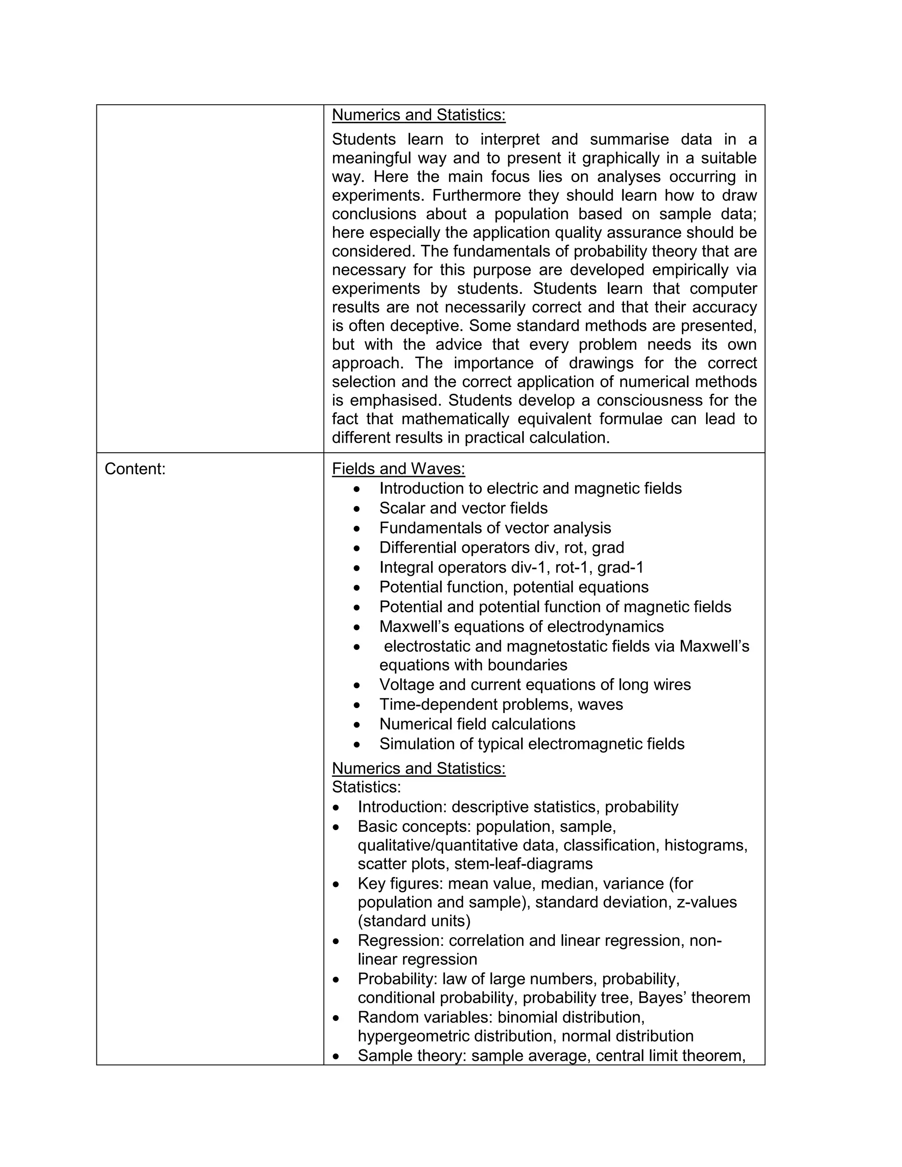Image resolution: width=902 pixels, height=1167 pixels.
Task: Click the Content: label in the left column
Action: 135,469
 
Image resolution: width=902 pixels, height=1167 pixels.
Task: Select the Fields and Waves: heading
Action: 398,469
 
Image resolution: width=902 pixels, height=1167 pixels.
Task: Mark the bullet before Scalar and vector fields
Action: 357,508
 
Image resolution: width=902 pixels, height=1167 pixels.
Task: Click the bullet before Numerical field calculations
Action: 357,724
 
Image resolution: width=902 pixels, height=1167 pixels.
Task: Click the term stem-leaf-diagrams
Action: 523,864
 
